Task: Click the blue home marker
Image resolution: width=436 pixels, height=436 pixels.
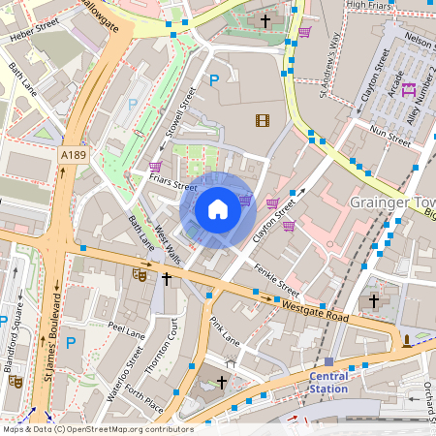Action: tap(218, 209)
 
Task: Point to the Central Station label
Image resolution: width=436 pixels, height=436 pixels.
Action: tap(328, 382)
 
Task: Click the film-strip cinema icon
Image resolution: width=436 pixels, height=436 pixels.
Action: tap(263, 120)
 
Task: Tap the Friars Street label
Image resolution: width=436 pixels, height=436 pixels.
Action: tap(173, 184)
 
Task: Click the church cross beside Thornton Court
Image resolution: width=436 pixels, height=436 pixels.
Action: tap(167, 279)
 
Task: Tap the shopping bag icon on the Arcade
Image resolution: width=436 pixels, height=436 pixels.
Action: tap(409, 90)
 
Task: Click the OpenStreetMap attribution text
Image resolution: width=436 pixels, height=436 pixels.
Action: tap(97, 429)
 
